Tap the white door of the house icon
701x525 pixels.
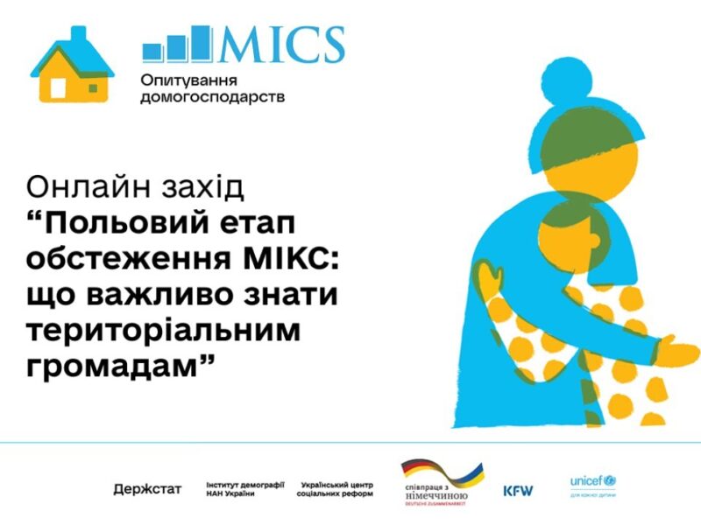coord(59,88)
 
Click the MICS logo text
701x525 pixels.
coord(281,45)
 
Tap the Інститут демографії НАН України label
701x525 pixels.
coord(243,488)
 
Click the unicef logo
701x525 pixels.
coord(593,483)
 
